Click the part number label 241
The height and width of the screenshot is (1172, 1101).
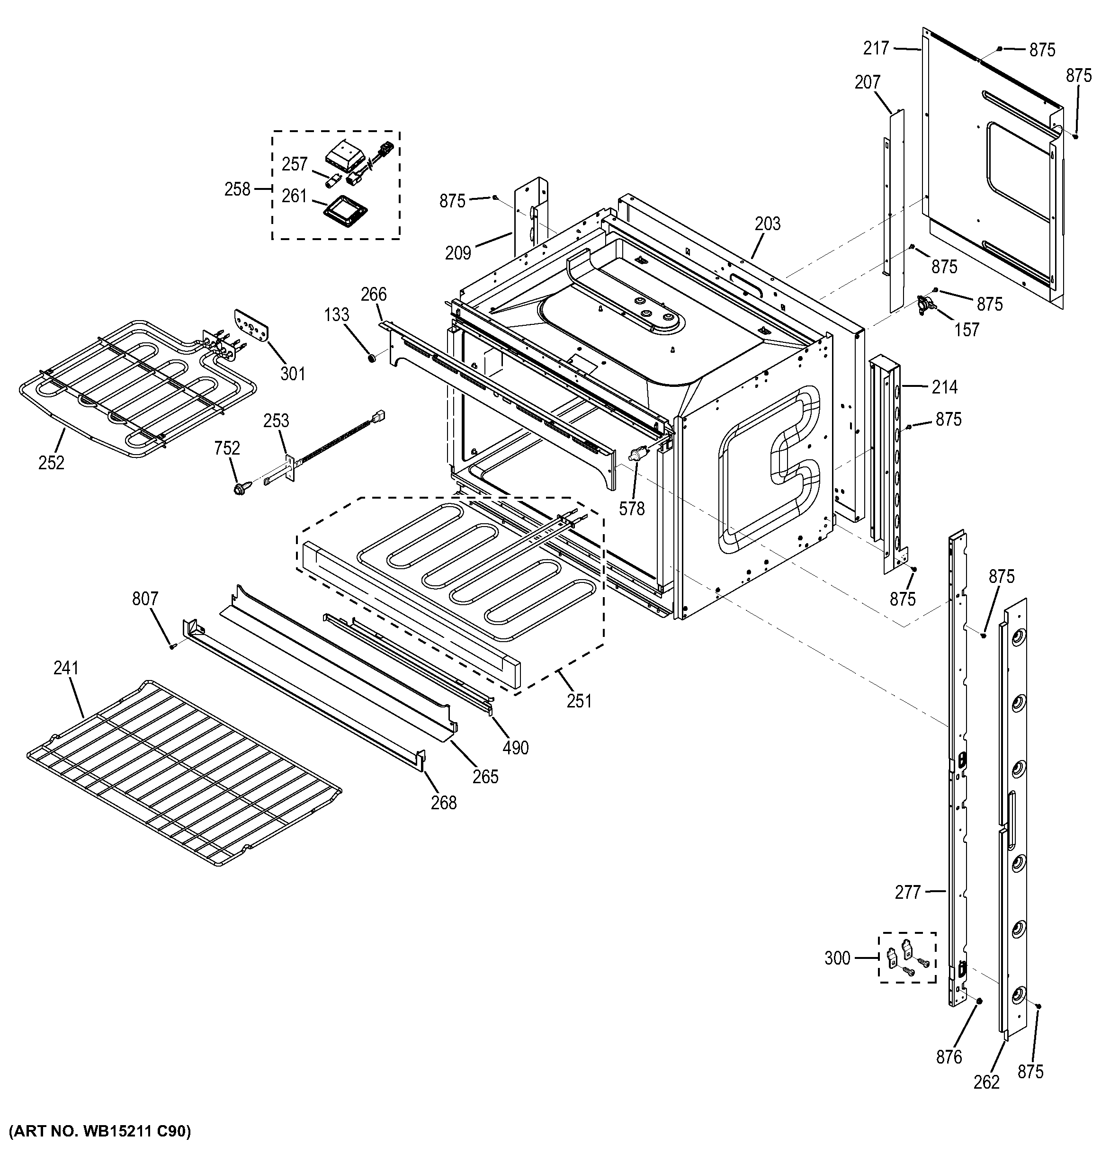click(66, 668)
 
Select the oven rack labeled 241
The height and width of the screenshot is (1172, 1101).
click(183, 775)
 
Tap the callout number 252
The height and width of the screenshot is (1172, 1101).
click(51, 463)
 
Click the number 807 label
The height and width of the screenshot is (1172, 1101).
click(145, 599)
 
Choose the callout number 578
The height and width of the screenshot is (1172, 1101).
click(632, 509)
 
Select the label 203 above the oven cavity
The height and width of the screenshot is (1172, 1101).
click(768, 224)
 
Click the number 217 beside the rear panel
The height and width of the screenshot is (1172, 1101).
click(876, 48)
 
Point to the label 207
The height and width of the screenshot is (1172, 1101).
click(867, 82)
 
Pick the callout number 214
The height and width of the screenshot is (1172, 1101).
click(944, 387)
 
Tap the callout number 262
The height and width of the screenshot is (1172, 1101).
click(987, 1083)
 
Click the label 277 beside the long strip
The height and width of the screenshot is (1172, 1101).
click(908, 893)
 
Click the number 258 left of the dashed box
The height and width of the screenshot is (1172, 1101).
click(238, 189)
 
